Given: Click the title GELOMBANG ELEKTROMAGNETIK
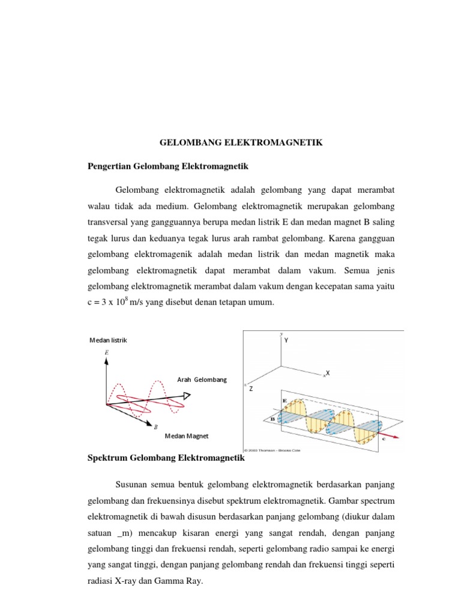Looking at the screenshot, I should pyautogui.click(x=241, y=143).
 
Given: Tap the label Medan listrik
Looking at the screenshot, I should pyautogui.click(x=108, y=341).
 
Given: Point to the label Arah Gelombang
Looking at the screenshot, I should pyautogui.click(x=202, y=380).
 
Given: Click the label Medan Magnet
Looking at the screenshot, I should pyautogui.click(x=187, y=436).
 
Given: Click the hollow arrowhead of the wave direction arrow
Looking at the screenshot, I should pyautogui.click(x=187, y=395).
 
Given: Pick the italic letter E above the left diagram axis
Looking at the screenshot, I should pyautogui.click(x=107, y=353).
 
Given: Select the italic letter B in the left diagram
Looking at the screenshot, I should pyautogui.click(x=155, y=427).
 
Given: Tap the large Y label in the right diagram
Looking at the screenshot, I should pyautogui.click(x=287, y=341).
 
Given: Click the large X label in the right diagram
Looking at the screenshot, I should pyautogui.click(x=328, y=373).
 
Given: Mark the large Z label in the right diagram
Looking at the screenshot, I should pyautogui.click(x=251, y=389).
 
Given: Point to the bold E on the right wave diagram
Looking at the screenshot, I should pyautogui.click(x=284, y=400).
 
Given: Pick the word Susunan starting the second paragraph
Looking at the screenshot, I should pyautogui.click(x=131, y=483).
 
